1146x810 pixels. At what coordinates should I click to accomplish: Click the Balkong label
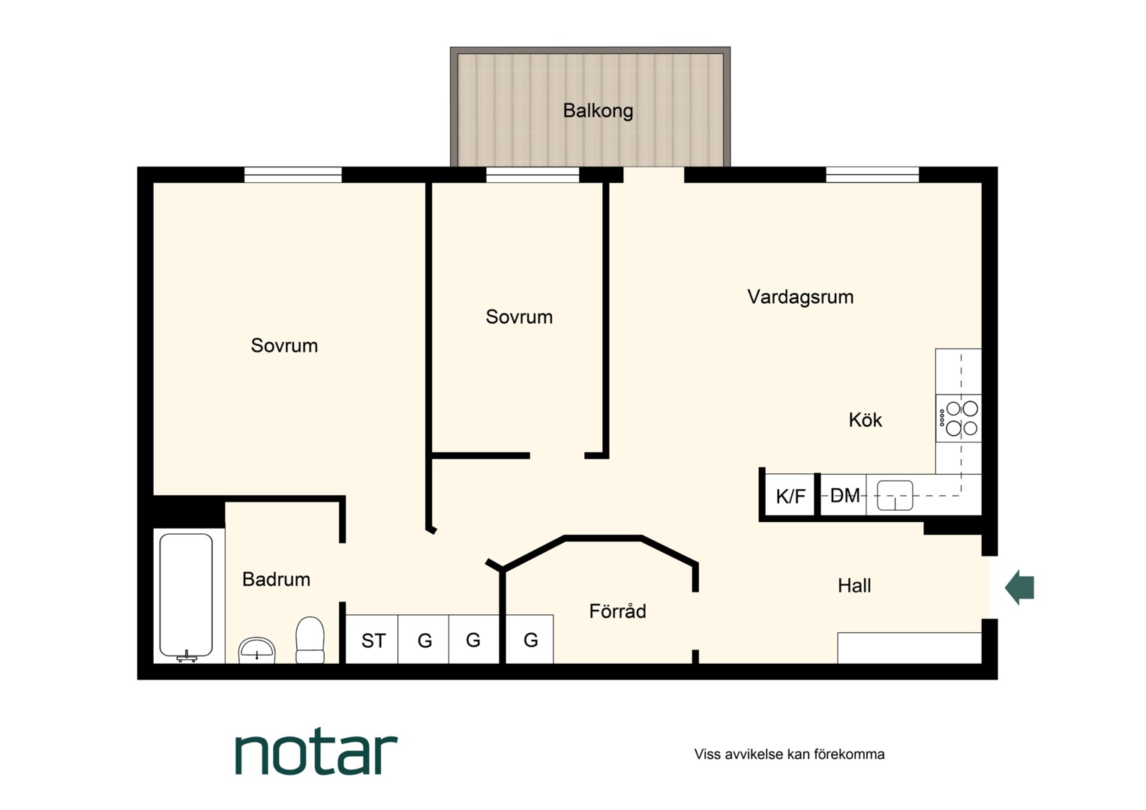[598, 111]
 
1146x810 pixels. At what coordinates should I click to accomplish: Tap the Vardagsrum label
[800, 297]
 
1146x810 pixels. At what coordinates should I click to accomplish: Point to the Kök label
[865, 420]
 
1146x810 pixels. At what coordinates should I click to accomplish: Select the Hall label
[854, 586]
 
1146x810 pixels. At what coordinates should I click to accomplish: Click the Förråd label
[617, 611]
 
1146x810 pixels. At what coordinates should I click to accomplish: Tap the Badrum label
[276, 579]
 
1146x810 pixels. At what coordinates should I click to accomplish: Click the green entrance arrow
[1020, 587]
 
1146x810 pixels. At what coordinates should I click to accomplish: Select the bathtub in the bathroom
[186, 597]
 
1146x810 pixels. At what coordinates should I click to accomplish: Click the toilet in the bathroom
[310, 640]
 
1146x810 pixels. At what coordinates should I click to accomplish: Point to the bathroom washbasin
[256, 650]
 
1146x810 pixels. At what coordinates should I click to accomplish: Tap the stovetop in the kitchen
[958, 418]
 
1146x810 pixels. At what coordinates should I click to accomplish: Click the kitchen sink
[895, 495]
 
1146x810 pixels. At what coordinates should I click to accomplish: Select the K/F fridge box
[790, 495]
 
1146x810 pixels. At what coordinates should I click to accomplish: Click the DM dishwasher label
[844, 495]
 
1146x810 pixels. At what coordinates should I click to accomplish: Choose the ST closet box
[373, 640]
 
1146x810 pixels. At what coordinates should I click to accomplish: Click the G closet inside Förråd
[530, 640]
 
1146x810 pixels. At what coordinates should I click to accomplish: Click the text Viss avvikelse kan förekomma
[790, 754]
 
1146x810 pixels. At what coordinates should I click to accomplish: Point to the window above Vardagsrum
[872, 175]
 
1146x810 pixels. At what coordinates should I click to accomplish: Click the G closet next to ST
[424, 640]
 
